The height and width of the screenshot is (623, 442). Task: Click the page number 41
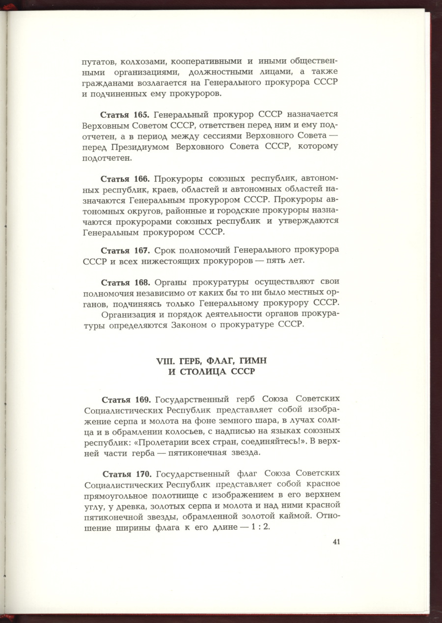click(336, 542)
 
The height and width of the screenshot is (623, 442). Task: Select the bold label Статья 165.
click(125, 115)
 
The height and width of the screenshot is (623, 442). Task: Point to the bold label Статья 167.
click(125, 250)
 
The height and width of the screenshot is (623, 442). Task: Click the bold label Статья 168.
click(125, 282)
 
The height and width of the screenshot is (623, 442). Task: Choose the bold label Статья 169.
click(125, 399)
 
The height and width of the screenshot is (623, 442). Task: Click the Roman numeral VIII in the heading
click(165, 361)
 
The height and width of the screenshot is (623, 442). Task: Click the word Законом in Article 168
click(189, 325)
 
